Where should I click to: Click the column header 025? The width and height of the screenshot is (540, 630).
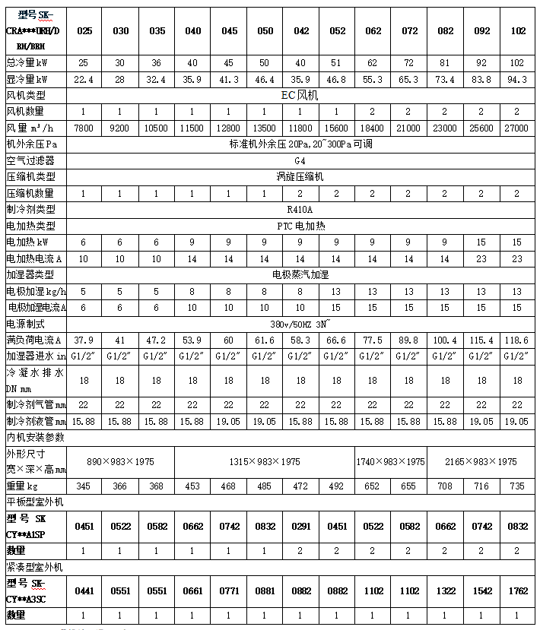pos(84,31)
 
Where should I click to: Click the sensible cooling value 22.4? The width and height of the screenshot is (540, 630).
pos(84,79)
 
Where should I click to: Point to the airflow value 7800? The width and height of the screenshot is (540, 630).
pos(84,128)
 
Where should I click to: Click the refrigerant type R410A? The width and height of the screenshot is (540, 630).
pos(301,208)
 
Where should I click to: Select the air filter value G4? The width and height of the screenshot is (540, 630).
pos(301,160)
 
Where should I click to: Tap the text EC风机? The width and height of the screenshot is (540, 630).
pos(301,95)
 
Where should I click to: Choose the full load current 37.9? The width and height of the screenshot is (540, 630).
pos(84,339)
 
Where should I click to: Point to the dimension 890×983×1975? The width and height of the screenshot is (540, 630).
pos(121,461)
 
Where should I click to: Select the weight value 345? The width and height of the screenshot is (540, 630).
pos(84,486)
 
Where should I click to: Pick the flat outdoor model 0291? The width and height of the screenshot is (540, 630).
pos(301,525)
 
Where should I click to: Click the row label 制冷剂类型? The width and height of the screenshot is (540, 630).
pos(31,208)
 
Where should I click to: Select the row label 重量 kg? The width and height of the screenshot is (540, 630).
pos(23,486)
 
